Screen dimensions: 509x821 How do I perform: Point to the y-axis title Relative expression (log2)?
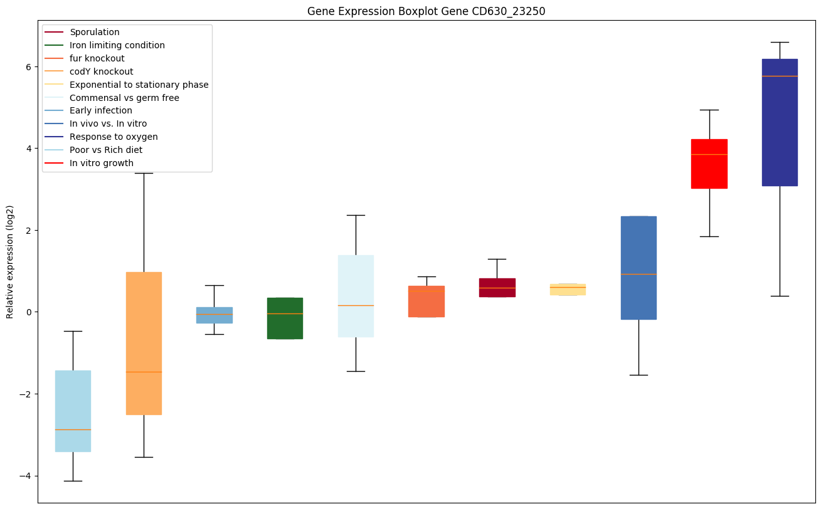click(x=10, y=261)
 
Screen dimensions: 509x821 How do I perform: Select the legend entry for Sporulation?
click(x=95, y=32)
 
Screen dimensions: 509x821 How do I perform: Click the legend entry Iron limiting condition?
click(x=117, y=45)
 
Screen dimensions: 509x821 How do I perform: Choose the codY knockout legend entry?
click(x=102, y=71)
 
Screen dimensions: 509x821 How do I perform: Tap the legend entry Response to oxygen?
click(x=114, y=137)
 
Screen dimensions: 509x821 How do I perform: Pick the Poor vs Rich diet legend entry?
click(x=106, y=150)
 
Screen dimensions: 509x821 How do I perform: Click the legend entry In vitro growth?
click(x=102, y=163)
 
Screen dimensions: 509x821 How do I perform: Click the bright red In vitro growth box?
click(x=709, y=164)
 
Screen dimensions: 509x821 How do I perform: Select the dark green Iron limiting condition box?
click(x=285, y=318)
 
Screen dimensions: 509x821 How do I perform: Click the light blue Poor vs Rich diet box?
click(x=73, y=411)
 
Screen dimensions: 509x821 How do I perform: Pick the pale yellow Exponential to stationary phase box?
click(x=568, y=290)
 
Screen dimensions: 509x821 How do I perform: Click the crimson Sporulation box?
click(x=497, y=287)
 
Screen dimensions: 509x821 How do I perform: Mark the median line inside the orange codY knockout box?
click(x=144, y=372)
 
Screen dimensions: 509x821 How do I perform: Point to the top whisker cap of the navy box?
click(x=780, y=42)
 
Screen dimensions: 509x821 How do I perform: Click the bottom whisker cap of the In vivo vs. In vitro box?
click(x=638, y=375)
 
